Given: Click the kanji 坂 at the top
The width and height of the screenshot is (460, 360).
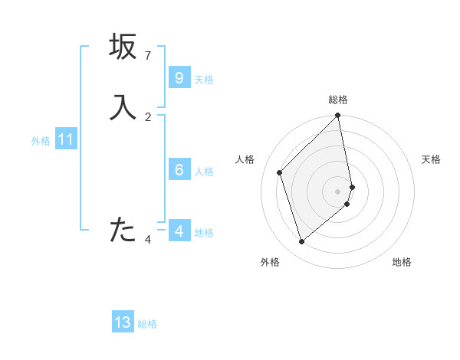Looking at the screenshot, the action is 123,46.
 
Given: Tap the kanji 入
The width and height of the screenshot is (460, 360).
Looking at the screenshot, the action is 123,107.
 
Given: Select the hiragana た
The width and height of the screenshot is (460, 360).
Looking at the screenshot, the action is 123,230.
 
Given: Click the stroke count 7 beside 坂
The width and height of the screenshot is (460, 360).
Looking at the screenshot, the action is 148,56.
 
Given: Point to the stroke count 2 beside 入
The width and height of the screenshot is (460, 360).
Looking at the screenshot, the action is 148,117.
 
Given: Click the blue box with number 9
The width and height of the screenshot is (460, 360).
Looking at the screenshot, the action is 179,78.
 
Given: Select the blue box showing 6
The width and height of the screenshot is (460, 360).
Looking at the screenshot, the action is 179,170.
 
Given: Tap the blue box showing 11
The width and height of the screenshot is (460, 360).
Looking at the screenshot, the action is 65,139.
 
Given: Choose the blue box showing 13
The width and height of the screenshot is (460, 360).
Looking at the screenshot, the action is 123,322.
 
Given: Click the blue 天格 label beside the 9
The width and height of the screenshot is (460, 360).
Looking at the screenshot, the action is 204,80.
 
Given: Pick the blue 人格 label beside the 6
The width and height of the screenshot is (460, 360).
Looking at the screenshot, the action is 204,172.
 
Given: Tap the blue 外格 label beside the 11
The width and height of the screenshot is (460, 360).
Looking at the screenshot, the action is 41,141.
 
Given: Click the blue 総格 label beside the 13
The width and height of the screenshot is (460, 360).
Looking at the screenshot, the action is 147,324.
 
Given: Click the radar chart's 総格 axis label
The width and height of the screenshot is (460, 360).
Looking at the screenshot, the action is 338,100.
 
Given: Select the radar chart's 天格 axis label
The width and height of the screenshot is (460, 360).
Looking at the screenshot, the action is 431,159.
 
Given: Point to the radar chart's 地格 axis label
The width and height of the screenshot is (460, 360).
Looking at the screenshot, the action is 402,262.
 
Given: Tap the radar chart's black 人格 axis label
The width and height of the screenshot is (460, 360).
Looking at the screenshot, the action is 245,159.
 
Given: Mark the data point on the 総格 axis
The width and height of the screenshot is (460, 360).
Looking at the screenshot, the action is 338,116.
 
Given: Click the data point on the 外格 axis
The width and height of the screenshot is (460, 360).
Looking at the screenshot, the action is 302,242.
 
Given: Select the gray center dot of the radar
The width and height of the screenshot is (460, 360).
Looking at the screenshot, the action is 338,191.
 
